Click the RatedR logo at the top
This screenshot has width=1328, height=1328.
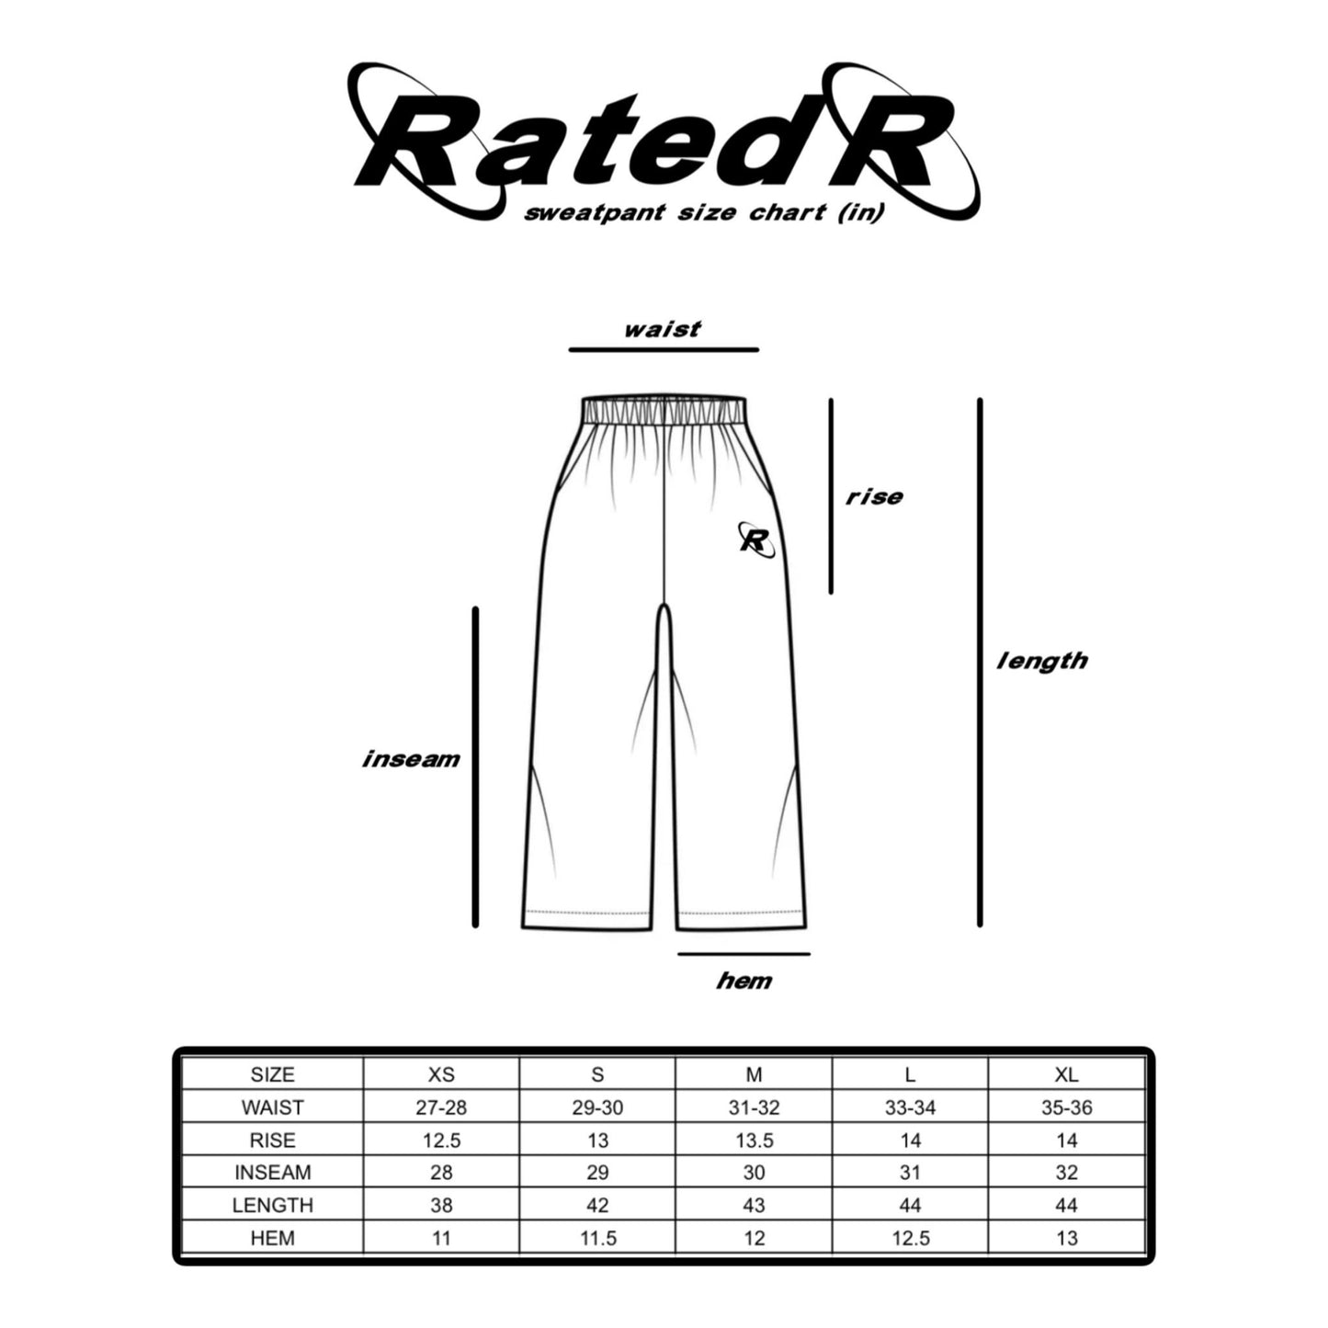[662, 138]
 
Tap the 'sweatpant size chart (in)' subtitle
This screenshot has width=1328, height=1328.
[703, 213]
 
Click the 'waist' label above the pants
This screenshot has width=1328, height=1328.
[662, 329]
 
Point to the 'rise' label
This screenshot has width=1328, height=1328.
[874, 497]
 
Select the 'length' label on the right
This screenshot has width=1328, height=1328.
[1042, 661]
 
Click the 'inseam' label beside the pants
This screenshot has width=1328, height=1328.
[411, 759]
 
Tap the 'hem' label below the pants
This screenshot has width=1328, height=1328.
[744, 982]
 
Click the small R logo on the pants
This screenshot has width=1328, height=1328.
[755, 539]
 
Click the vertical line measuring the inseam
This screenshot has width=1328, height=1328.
[475, 766]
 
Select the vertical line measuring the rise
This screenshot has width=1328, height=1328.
[831, 496]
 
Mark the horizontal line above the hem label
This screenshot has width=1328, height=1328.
[744, 954]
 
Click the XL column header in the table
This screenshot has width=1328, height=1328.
[1066, 1074]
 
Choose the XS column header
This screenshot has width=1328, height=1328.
[441, 1074]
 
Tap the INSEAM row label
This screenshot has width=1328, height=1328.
[272, 1173]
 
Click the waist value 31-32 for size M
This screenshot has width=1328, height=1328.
[754, 1107]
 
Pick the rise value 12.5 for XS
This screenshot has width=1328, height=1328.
[441, 1141]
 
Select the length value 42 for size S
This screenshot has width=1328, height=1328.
[597, 1205]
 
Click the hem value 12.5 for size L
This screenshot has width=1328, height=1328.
[910, 1238]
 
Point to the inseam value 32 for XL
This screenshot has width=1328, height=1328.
[1066, 1173]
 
